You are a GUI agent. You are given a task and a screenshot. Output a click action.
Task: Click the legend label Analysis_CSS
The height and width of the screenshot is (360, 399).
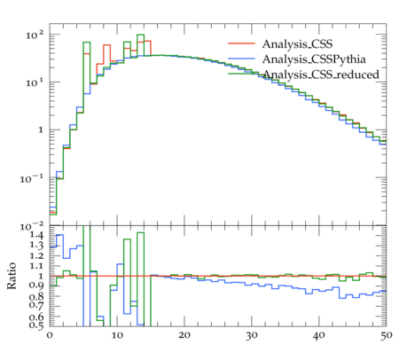(x=297, y=44)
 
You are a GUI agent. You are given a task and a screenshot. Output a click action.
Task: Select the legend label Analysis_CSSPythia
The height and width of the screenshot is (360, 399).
(x=314, y=59)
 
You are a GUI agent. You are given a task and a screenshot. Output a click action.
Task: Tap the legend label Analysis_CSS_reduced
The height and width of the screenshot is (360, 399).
(x=321, y=74)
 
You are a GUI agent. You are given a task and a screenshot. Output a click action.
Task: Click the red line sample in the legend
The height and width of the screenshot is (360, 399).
(x=241, y=43)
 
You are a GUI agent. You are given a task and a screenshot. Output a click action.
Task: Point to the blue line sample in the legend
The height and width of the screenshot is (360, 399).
(x=241, y=59)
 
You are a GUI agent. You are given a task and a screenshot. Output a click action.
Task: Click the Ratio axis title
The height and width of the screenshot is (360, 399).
(x=12, y=276)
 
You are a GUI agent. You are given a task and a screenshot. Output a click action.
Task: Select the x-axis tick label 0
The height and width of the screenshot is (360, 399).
(x=50, y=336)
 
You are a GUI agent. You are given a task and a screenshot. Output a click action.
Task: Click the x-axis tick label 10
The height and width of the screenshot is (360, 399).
(x=117, y=336)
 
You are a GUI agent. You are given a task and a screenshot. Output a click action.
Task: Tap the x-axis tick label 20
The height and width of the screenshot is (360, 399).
(x=184, y=336)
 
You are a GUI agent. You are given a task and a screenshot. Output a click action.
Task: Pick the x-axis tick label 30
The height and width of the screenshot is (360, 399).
(x=252, y=336)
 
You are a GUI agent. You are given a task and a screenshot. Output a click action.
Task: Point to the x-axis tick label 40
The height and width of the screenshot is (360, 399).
(x=319, y=336)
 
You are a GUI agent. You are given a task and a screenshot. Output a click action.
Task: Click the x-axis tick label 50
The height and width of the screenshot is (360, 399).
(x=386, y=336)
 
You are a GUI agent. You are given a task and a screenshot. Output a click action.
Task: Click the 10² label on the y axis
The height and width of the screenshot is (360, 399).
(x=35, y=35)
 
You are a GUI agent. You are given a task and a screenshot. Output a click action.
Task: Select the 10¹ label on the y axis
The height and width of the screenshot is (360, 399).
(x=35, y=82)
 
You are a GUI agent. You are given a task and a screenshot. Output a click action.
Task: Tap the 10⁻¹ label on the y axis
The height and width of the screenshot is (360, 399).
(x=32, y=178)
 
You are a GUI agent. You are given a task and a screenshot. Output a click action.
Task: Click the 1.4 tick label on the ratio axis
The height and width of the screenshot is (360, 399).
(x=36, y=236)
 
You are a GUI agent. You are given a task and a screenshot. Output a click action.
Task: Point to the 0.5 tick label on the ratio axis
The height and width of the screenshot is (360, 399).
(x=36, y=325)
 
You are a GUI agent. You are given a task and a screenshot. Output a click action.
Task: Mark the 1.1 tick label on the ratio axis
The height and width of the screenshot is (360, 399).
(x=36, y=266)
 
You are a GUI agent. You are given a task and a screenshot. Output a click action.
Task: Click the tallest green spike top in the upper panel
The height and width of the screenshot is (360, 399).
(x=140, y=35)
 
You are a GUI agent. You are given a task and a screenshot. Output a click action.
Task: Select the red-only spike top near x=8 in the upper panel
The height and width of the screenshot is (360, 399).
(x=106, y=45)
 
